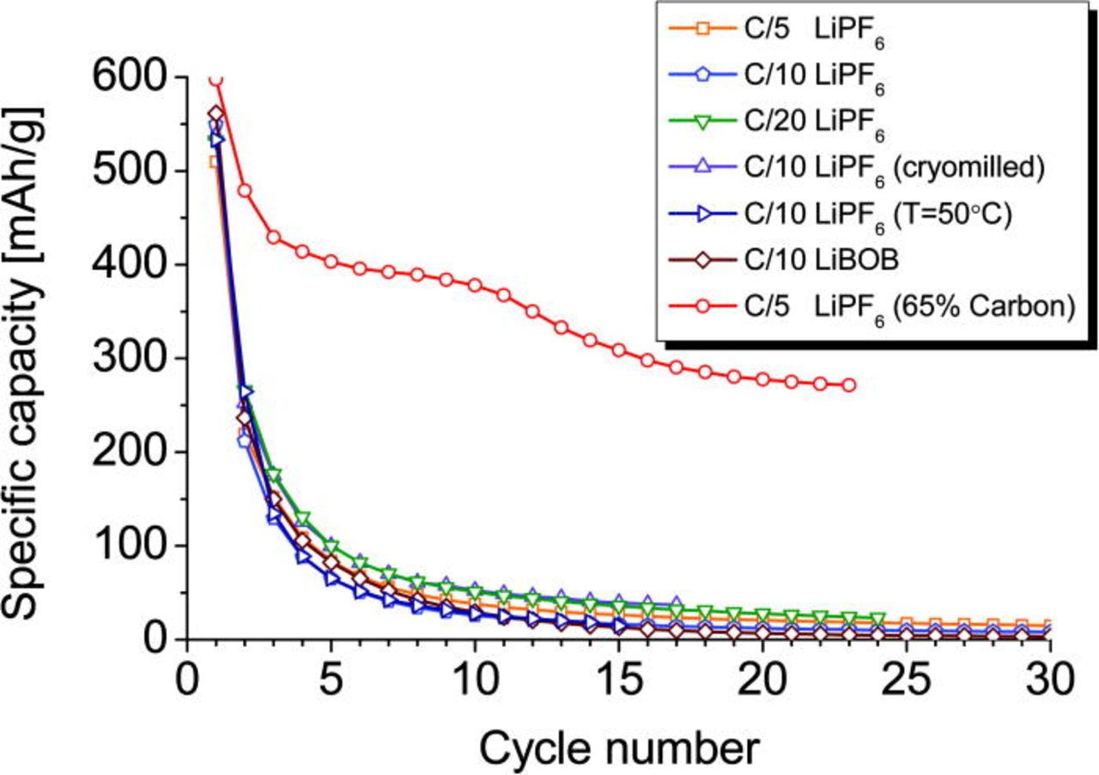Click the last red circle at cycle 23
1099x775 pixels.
[849, 385]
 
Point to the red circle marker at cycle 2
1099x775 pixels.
[244, 191]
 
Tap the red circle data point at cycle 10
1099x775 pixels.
[475, 285]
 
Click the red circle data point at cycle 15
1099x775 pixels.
[618, 350]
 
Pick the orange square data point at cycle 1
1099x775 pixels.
[215, 162]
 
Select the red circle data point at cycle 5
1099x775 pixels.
[331, 262]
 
